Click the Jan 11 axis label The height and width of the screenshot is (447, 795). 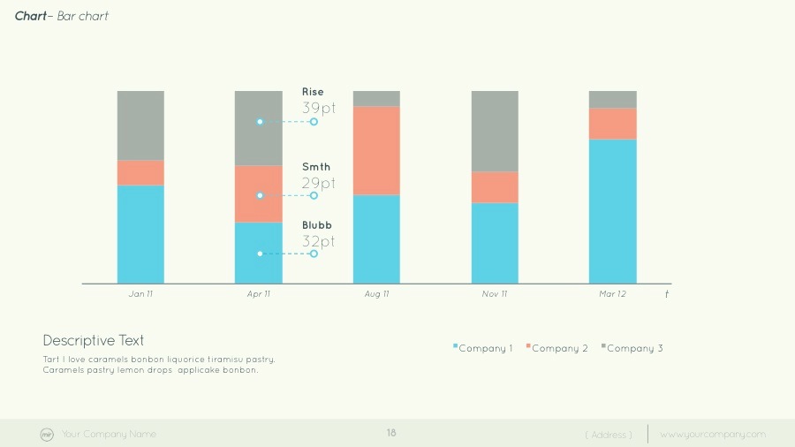[x=140, y=294]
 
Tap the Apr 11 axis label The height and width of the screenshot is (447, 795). [x=259, y=294]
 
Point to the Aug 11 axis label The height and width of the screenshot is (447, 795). [x=376, y=294]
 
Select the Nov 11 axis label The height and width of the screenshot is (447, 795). [x=495, y=294]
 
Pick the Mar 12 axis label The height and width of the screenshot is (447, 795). [x=612, y=294]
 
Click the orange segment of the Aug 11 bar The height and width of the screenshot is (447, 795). [x=376, y=150]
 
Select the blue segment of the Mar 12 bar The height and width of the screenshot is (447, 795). [x=612, y=211]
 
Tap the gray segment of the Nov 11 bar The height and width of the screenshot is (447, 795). [x=495, y=131]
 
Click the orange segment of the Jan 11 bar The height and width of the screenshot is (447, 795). [x=140, y=172]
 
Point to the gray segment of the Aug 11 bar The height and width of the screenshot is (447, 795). [x=376, y=98]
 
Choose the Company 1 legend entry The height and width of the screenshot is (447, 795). [x=483, y=348]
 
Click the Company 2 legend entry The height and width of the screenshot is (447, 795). [x=557, y=348]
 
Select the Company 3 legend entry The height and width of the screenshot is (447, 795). [x=632, y=348]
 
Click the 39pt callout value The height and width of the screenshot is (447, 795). [x=319, y=108]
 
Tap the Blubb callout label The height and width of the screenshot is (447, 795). [x=317, y=225]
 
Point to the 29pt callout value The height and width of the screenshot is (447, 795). [x=319, y=183]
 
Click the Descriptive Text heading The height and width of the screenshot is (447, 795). [x=94, y=340]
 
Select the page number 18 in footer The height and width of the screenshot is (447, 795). [x=391, y=433]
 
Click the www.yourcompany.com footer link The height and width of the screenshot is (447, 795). [x=713, y=434]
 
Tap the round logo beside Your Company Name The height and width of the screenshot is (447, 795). [x=47, y=434]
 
